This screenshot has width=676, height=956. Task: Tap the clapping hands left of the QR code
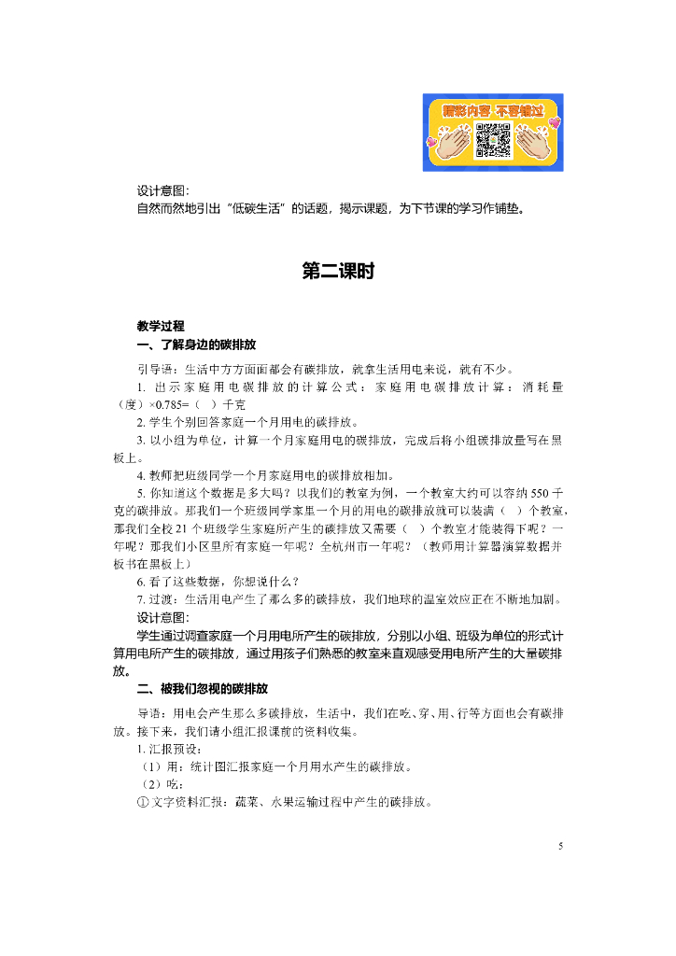click(452, 142)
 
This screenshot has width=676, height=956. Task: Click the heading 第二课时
click(338, 271)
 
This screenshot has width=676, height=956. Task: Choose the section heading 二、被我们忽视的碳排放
click(203, 689)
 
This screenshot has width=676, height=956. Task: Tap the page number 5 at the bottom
click(560, 847)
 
